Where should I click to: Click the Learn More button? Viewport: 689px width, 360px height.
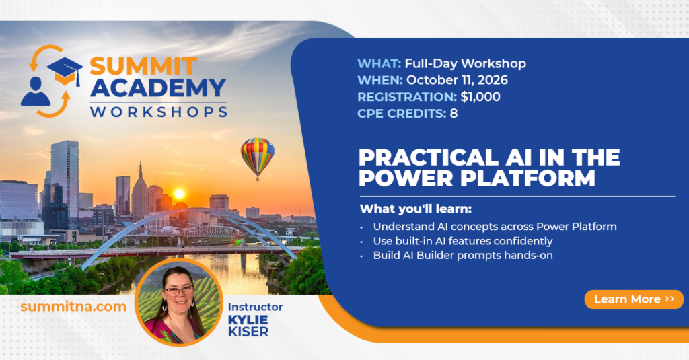pyautogui.click(x=634, y=299)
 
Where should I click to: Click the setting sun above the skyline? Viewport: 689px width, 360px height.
pyautogui.click(x=179, y=194)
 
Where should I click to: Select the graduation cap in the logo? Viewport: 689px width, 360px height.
pyautogui.click(x=65, y=71)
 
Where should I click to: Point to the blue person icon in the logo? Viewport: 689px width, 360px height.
pyautogui.click(x=36, y=92)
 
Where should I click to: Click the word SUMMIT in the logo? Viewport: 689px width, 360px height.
pyautogui.click(x=143, y=67)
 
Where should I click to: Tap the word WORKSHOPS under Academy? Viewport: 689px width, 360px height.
pyautogui.click(x=159, y=112)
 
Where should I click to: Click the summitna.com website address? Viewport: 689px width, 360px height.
pyautogui.click(x=73, y=306)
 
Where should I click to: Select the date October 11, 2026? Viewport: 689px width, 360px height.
pyautogui.click(x=457, y=80)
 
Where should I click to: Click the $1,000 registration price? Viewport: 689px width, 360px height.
pyautogui.click(x=480, y=97)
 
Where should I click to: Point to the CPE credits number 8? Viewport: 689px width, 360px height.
pyautogui.click(x=454, y=114)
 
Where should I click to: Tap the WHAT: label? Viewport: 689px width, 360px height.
pyautogui.click(x=379, y=64)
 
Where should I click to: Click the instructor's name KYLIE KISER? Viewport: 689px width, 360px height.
pyautogui.click(x=248, y=326)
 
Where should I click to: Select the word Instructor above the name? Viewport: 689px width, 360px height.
pyautogui.click(x=255, y=307)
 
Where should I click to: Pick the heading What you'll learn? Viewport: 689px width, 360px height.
pyautogui.click(x=416, y=209)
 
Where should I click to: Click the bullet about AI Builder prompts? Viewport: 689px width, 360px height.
pyautogui.click(x=463, y=256)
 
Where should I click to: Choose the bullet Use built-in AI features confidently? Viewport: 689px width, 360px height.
pyautogui.click(x=463, y=241)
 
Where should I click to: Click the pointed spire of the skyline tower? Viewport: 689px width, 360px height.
pyautogui.click(x=141, y=169)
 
